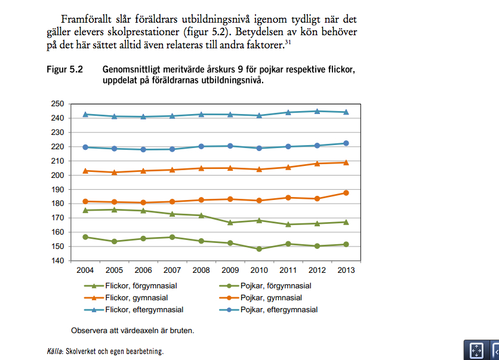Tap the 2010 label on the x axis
(x=259, y=270)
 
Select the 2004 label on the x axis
(x=85, y=270)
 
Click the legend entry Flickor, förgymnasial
(x=141, y=286)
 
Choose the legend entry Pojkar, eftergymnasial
(x=279, y=310)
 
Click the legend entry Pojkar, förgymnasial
(x=276, y=286)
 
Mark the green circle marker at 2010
(x=259, y=249)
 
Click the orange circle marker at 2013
(x=346, y=193)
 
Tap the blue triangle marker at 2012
(x=317, y=111)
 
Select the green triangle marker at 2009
(x=230, y=222)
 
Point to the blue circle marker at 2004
(x=85, y=147)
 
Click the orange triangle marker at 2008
(x=201, y=168)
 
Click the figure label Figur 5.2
(x=64, y=70)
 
